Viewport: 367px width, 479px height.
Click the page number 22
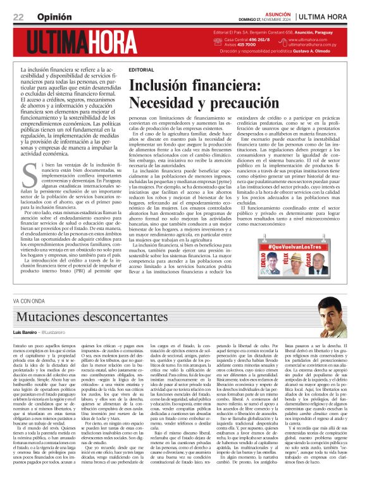point(18,16)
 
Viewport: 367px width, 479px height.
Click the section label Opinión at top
point(54,16)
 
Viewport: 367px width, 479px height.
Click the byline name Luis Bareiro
point(25,333)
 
